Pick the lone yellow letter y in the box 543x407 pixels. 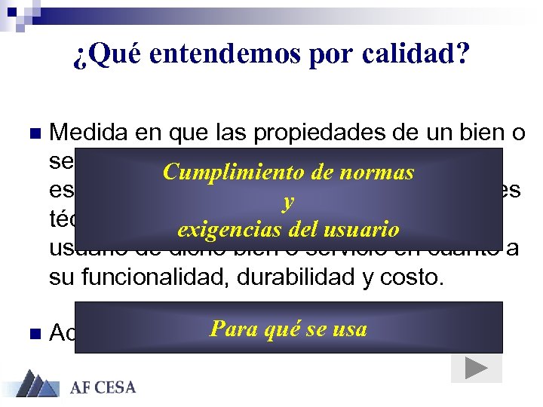[287, 200]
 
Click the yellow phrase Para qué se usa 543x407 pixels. [288, 329]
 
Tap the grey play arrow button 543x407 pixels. [475, 367]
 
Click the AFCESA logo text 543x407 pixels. [103, 387]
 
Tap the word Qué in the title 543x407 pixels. [106, 56]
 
